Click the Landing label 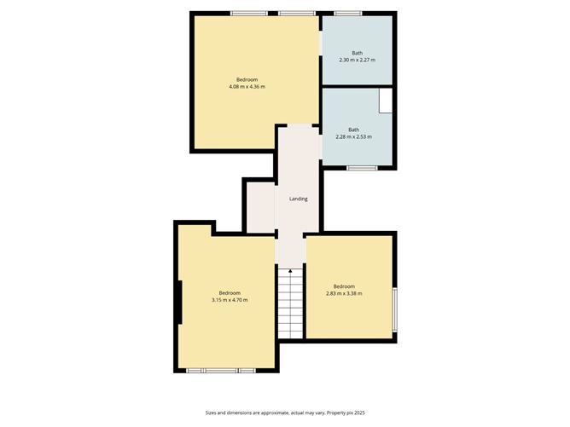[298, 199]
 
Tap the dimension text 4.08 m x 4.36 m [247, 87]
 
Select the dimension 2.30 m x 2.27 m [357, 61]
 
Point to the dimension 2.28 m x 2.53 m [353, 136]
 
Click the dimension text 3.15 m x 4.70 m [229, 300]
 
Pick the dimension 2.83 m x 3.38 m [344, 293]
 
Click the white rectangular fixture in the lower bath [386, 100]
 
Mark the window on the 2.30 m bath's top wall [347, 13]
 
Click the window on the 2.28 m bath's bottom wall [362, 168]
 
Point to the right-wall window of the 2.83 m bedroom [395, 309]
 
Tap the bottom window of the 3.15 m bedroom [222, 371]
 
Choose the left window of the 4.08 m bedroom [247, 13]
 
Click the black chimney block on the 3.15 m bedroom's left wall [179, 303]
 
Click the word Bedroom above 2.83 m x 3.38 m [344, 286]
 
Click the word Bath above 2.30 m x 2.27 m [357, 53]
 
